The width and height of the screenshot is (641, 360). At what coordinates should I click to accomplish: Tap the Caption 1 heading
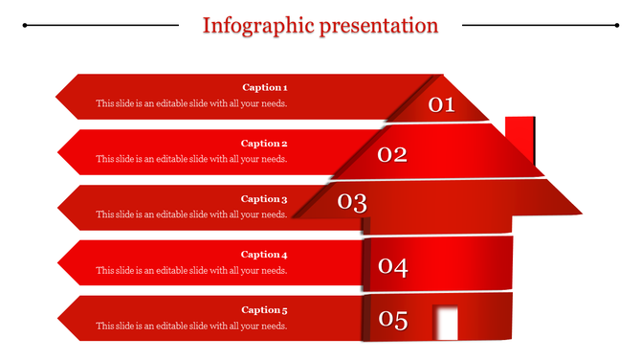(x=264, y=87)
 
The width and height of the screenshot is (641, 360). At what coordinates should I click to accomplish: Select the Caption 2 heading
(x=264, y=144)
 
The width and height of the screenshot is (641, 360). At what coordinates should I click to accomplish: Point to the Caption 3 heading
(x=264, y=199)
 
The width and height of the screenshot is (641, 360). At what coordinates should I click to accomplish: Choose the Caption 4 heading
(x=264, y=255)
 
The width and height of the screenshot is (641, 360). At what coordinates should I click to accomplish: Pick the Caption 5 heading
(x=264, y=310)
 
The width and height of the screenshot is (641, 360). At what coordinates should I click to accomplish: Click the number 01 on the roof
(x=441, y=104)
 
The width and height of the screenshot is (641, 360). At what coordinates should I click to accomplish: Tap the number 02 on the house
(x=392, y=154)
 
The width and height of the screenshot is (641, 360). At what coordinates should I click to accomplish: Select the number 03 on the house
(x=352, y=202)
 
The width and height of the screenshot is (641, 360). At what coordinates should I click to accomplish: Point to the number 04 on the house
(x=392, y=267)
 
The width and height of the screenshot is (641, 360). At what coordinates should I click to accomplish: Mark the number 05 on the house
(x=392, y=320)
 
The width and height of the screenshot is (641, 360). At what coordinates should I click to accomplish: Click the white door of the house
(x=445, y=323)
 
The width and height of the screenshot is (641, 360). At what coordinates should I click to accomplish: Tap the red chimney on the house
(x=520, y=140)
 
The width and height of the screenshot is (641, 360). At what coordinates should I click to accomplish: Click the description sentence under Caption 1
(x=191, y=103)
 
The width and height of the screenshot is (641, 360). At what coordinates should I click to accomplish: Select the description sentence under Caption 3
(x=191, y=214)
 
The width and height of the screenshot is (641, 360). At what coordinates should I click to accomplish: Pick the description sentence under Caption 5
(x=191, y=326)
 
